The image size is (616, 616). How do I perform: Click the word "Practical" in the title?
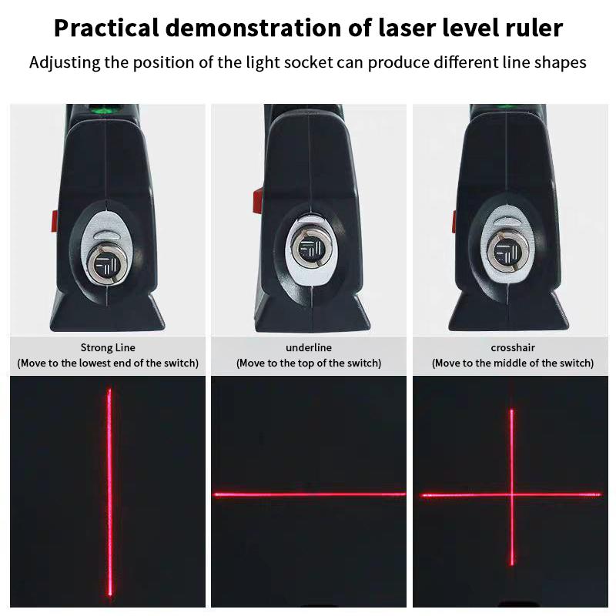pos(107,28)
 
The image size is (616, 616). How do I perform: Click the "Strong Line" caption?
pos(108,348)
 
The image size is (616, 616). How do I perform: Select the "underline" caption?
pos(308,348)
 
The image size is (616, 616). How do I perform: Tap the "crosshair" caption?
pos(512,348)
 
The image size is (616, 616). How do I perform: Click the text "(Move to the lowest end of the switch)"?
pos(108,363)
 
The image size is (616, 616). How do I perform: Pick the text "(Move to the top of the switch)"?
pos(308,363)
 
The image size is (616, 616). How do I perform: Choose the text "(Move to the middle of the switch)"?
pos(512,363)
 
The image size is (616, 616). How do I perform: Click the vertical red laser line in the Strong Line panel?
pos(109,493)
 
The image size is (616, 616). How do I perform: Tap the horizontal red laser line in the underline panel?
pos(308,494)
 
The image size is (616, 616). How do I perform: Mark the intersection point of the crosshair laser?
pos(512,494)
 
